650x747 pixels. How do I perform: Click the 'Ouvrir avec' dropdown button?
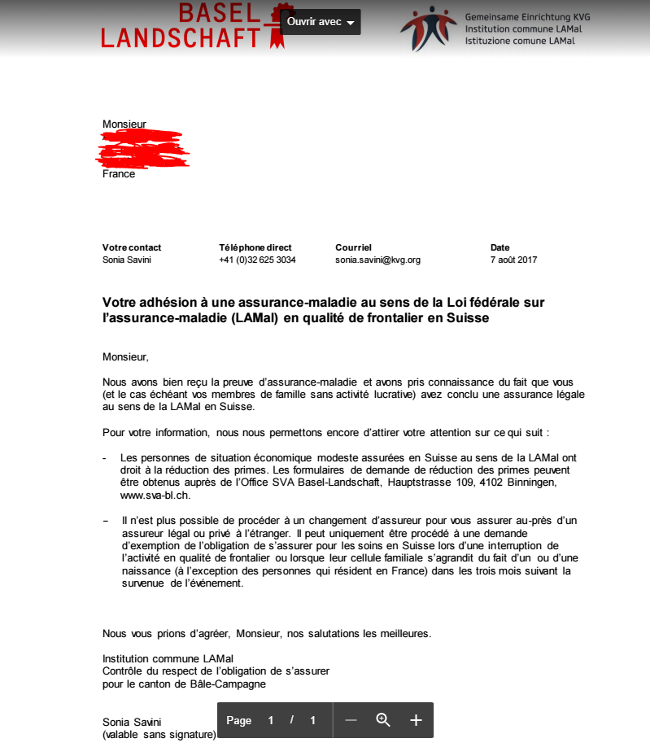pyautogui.click(x=321, y=22)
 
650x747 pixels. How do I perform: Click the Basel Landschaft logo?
pyautogui.click(x=187, y=25)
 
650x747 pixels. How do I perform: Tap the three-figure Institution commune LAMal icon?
pyautogui.click(x=428, y=28)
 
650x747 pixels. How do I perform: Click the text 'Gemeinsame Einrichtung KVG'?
pyautogui.click(x=527, y=17)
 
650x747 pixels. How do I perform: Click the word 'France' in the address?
pyautogui.click(x=119, y=174)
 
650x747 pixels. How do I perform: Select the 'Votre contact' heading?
pyautogui.click(x=132, y=247)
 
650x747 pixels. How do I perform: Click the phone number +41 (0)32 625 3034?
pyautogui.click(x=257, y=260)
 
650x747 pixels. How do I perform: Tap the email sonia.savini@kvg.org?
pyautogui.click(x=377, y=260)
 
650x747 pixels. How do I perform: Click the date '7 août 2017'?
pyautogui.click(x=513, y=260)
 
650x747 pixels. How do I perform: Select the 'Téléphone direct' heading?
pyautogui.click(x=255, y=247)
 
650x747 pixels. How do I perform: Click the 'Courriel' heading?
pyautogui.click(x=353, y=247)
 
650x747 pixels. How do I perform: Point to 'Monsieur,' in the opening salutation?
pyautogui.click(x=126, y=356)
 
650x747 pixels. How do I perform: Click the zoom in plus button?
pyautogui.click(x=416, y=720)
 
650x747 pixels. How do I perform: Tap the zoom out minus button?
pyautogui.click(x=351, y=720)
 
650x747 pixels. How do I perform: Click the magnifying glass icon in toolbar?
pyautogui.click(x=383, y=720)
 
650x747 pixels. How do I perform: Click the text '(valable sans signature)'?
pyautogui.click(x=159, y=735)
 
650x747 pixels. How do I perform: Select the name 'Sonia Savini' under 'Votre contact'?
pyautogui.click(x=127, y=260)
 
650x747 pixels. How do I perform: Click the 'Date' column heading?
pyautogui.click(x=500, y=247)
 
